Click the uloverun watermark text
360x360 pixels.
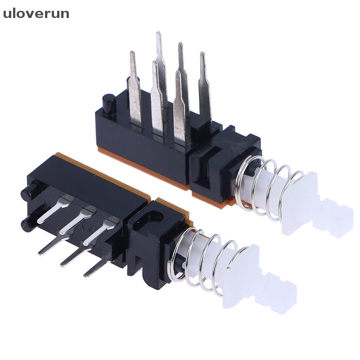[36, 14]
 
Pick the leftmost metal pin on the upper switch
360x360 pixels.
[135, 85]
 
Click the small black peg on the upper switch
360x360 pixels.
[108, 104]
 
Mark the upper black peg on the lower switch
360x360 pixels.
[27, 194]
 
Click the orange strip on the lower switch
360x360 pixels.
[103, 173]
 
